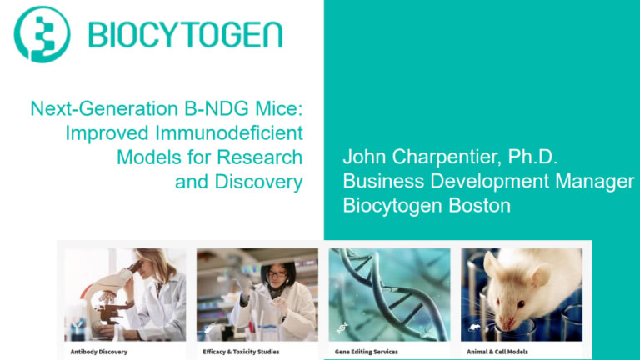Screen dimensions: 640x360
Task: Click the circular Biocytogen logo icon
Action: click(x=42, y=34)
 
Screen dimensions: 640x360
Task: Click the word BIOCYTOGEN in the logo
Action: click(x=186, y=35)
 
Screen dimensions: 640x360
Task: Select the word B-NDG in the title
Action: click(x=217, y=108)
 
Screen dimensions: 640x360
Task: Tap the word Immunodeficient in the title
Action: click(x=229, y=133)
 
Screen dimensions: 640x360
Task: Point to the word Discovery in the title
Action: click(x=259, y=182)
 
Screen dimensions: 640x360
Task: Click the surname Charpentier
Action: click(x=447, y=157)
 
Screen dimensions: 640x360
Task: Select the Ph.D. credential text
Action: click(x=532, y=157)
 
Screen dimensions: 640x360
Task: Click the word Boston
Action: click(x=480, y=205)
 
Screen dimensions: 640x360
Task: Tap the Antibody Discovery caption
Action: click(x=99, y=352)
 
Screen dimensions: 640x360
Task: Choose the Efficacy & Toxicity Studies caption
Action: click(x=241, y=352)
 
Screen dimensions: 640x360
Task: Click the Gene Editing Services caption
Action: click(x=366, y=352)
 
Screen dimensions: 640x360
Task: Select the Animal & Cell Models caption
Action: click(x=497, y=352)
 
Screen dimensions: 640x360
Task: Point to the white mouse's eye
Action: click(x=521, y=303)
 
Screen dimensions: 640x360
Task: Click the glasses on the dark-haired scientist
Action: click(x=277, y=274)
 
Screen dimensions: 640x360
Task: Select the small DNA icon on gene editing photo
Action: click(x=342, y=327)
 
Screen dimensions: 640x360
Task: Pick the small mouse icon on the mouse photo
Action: click(x=474, y=327)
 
